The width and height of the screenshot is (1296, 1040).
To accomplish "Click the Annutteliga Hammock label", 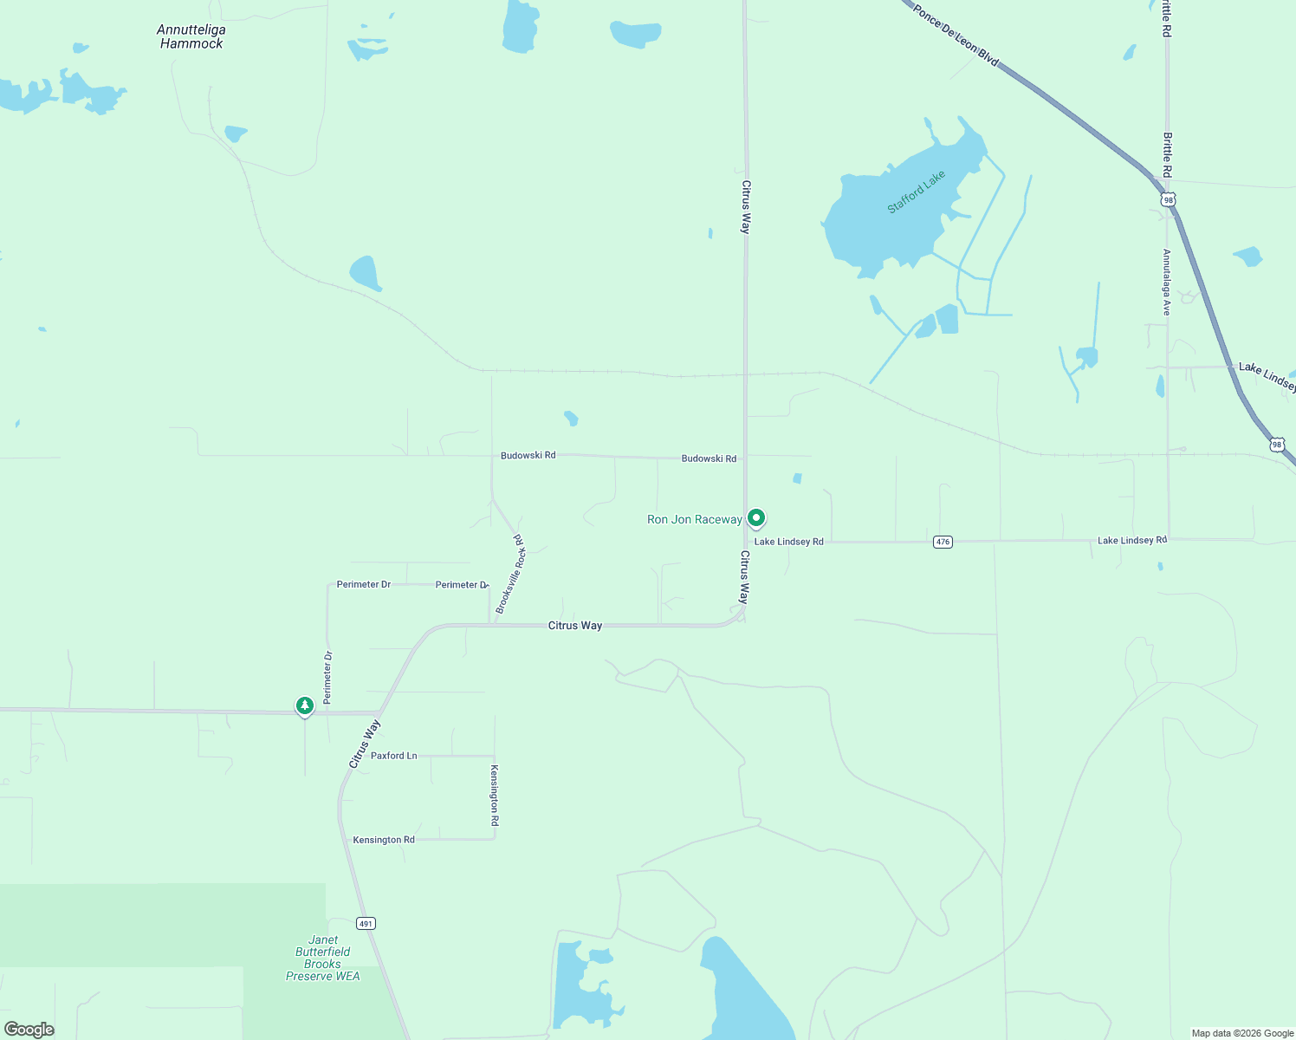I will tap(191, 36).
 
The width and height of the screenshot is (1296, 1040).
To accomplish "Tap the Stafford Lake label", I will tap(916, 192).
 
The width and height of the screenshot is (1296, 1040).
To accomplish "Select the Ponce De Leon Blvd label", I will tap(956, 36).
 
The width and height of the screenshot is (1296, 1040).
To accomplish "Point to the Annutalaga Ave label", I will tap(1167, 282).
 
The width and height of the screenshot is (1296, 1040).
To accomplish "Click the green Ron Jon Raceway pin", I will tap(756, 518).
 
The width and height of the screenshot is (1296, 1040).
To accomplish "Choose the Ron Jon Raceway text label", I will tap(694, 520).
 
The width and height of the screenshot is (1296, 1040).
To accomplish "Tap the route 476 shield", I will tap(943, 542).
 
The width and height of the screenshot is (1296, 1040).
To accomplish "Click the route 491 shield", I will tap(366, 924).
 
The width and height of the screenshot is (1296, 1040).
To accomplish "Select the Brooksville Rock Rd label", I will tap(511, 574).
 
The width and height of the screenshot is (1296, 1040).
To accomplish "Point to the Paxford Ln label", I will tap(394, 756).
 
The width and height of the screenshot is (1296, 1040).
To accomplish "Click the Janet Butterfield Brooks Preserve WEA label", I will tap(323, 958).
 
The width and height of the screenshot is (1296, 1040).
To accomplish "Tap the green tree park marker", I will tap(304, 706).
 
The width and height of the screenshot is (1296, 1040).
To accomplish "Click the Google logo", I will tap(29, 1030).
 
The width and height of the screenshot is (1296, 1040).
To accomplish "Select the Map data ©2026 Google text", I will tap(1242, 1033).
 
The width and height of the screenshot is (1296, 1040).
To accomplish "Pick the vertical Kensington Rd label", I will tap(495, 795).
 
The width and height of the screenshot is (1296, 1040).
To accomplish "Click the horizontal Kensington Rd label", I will tap(384, 840).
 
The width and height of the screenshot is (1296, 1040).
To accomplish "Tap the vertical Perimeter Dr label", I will tap(327, 677).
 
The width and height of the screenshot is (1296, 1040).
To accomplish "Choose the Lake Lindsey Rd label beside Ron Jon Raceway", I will tap(788, 542).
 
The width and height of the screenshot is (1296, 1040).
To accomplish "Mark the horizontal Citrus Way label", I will tap(574, 626).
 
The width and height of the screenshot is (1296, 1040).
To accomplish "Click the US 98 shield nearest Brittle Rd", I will tap(1169, 200).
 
